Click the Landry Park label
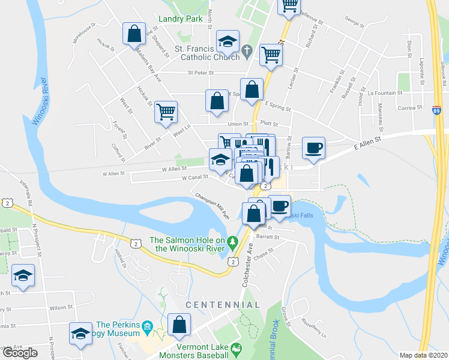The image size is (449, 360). (181, 19)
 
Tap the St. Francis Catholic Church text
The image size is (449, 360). (206, 53)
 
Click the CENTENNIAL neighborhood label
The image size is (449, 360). (223, 305)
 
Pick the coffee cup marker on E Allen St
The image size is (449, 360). (313, 148)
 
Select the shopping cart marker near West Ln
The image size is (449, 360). (166, 111)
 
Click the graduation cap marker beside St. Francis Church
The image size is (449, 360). (228, 41)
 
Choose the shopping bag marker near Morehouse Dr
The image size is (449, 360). (134, 33)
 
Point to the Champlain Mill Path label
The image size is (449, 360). (212, 205)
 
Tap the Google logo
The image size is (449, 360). (20, 353)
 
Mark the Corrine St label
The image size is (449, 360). (410, 107)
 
